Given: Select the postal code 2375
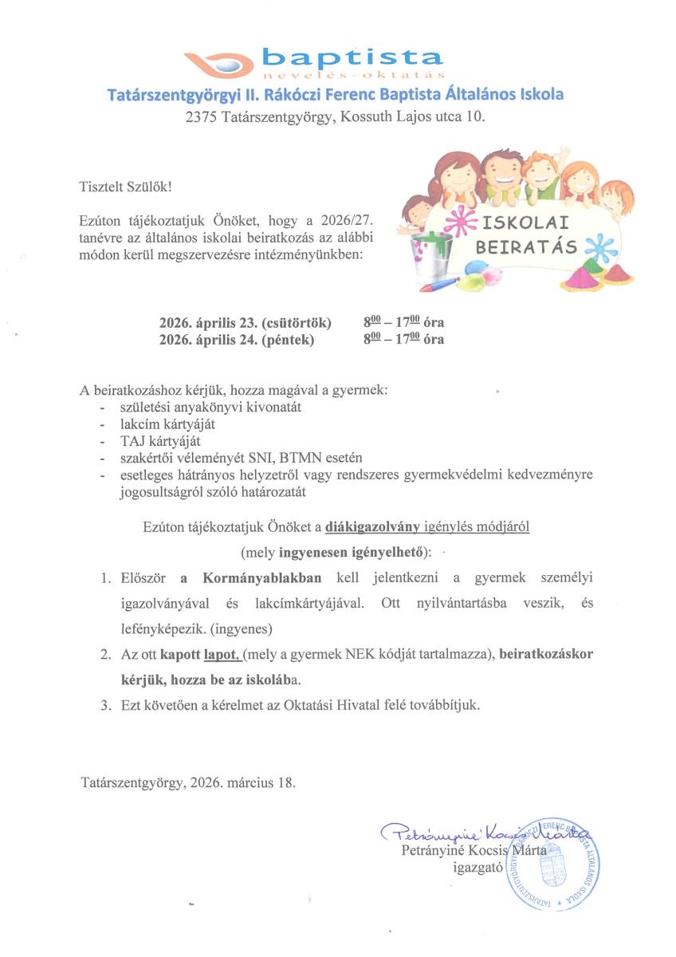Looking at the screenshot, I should [x=201, y=117].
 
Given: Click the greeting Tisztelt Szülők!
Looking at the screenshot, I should [x=125, y=187].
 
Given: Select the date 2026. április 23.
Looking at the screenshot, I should [x=209, y=324].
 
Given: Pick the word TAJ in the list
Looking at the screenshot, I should [x=129, y=441].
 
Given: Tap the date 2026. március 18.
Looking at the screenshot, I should [x=243, y=782].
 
